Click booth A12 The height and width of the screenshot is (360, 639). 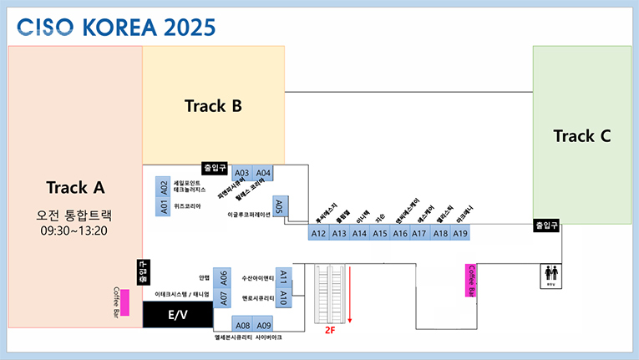318,233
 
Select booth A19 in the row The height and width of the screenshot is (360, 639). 460,233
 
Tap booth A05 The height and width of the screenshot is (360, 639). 281,205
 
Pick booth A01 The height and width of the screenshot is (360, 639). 164,206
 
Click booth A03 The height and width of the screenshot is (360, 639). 242,173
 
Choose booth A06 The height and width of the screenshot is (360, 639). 222,277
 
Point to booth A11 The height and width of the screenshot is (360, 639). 283,276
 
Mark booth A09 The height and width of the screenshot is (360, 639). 264,325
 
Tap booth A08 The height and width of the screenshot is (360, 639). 242,325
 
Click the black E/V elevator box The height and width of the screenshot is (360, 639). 177,315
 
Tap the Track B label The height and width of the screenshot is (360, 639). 213,106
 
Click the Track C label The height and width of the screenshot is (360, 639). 581,136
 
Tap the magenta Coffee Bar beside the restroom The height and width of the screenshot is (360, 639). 470,280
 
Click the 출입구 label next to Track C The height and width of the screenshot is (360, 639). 546,226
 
